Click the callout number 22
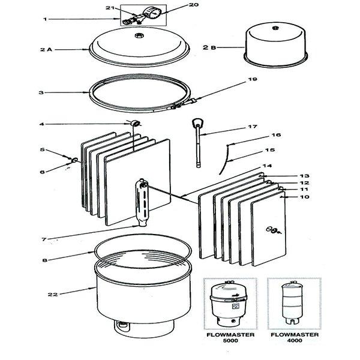[53, 293]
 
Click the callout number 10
[304, 197]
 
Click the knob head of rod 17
[199, 124]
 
